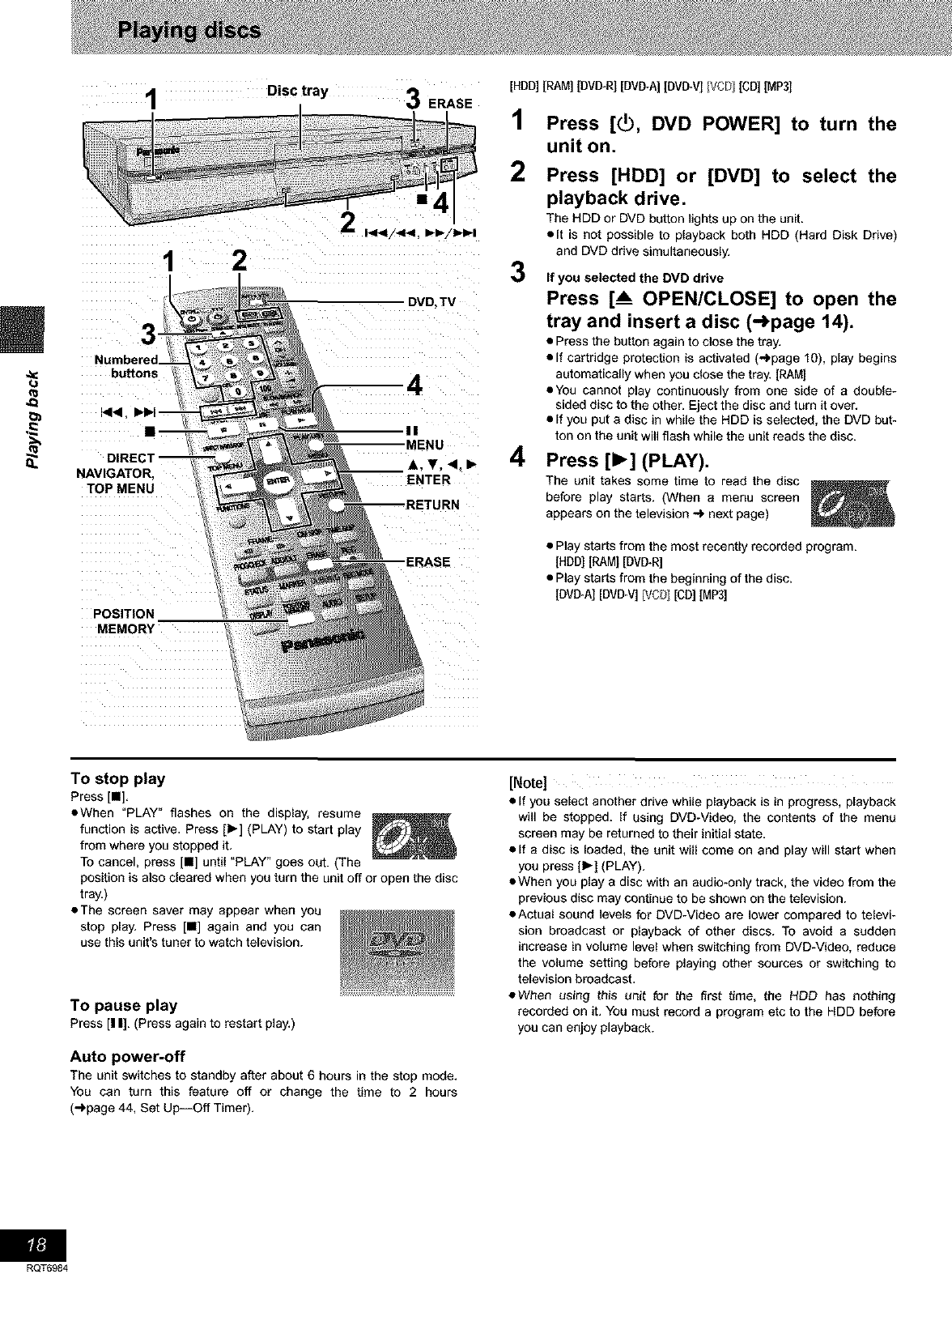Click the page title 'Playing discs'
[189, 32]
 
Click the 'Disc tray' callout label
[298, 91]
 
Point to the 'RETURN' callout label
[432, 505]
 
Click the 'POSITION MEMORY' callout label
[124, 621]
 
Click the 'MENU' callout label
[425, 444]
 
